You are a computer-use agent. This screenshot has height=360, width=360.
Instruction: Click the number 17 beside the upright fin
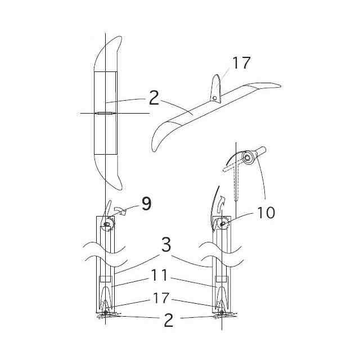241,62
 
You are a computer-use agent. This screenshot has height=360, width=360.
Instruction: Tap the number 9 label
146,204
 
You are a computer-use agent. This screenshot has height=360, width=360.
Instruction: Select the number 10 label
266,213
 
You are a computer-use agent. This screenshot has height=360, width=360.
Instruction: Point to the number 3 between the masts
166,245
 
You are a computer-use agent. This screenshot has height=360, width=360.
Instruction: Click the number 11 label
159,275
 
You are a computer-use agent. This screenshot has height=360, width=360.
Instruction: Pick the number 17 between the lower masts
161,298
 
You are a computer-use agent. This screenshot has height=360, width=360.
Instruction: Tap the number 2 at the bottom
169,320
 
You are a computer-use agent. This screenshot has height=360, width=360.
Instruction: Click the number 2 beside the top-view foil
154,98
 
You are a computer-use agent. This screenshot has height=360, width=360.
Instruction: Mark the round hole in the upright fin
215,98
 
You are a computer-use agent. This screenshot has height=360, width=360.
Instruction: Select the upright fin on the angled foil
216,89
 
